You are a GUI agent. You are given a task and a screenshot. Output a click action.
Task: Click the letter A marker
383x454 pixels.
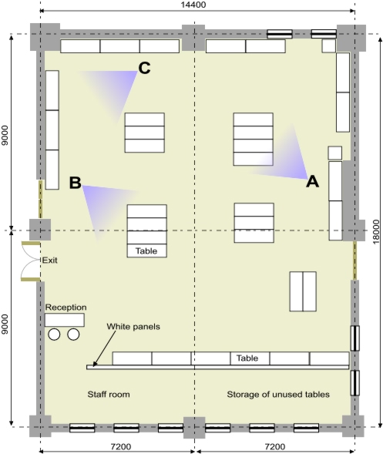coord(313,182)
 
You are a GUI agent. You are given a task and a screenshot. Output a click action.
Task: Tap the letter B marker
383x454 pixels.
coord(76,183)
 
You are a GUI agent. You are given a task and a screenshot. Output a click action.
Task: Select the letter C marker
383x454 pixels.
coord(144,68)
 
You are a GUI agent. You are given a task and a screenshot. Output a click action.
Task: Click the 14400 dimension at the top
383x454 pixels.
coord(193,5)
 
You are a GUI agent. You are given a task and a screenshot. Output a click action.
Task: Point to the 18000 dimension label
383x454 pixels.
coord(376,232)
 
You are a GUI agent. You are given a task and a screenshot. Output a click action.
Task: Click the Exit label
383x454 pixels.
coord(50,260)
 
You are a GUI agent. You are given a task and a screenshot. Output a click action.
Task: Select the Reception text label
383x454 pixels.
coord(66,307)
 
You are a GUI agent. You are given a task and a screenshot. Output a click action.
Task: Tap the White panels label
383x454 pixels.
coord(133,326)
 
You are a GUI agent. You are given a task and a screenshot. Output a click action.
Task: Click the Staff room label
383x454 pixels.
coord(109,394)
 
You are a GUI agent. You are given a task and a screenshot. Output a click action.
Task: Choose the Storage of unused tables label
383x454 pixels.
coord(278,394)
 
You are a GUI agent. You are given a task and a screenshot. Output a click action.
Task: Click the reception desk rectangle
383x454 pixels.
coord(65,320)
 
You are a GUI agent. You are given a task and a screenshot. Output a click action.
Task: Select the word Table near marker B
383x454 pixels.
coord(146,251)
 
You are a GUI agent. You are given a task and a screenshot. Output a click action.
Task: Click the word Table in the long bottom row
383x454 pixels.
coord(247,358)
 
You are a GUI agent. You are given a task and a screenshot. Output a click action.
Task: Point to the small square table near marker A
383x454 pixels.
coord(335,153)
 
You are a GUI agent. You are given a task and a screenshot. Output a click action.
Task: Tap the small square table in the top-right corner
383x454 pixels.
coord(329,46)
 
